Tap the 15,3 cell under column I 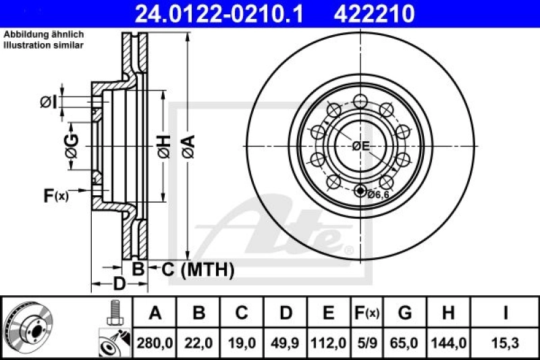505,343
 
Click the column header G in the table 405,313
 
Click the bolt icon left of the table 113,313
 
